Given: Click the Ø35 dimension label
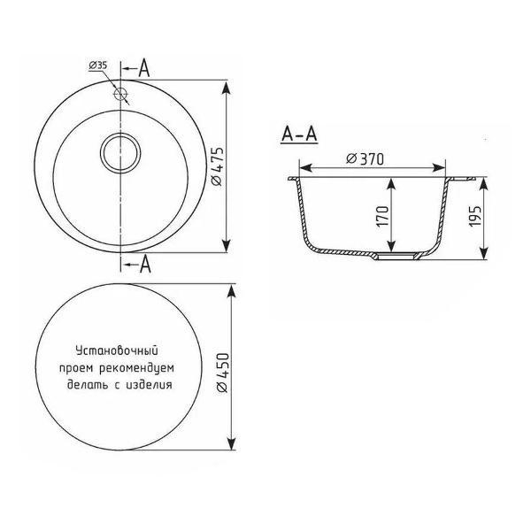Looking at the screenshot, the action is point(98,65).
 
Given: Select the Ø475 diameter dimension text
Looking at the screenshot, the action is point(218,166).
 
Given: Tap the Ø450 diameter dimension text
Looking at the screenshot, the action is point(222,373).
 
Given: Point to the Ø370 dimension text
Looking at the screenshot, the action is point(365,159).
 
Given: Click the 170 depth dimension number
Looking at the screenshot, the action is point(382,216).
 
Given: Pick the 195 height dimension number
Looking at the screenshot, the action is point(475,216).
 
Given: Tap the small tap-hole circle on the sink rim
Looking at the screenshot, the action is point(120,94).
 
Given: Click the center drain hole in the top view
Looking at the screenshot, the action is point(120,153).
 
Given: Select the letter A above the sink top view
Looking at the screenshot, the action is point(144,68).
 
